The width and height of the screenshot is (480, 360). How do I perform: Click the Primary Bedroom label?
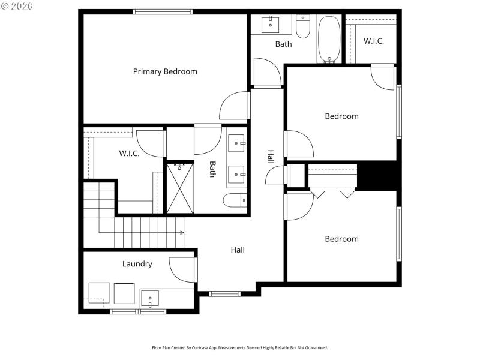click(x=165, y=71)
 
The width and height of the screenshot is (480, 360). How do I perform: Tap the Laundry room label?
click(x=137, y=264)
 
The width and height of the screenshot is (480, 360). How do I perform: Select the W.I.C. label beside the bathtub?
click(x=373, y=41)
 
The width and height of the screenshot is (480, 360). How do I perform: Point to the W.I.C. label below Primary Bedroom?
click(x=129, y=154)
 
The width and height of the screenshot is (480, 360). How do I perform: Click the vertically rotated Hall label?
click(x=271, y=157)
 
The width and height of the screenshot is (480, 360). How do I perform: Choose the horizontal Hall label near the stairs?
click(x=238, y=250)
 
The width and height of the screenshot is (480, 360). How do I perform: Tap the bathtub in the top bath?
click(x=328, y=39)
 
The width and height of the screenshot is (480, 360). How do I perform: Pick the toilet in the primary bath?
click(x=235, y=200)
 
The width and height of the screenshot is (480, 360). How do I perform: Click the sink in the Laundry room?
click(x=150, y=298)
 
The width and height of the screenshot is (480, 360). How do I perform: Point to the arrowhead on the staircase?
click(x=182, y=233)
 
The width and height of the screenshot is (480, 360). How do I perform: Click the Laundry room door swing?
click(x=182, y=269)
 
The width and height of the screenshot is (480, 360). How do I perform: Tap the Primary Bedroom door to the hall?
click(x=235, y=106)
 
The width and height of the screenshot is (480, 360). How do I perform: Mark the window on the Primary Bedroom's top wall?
click(x=163, y=11)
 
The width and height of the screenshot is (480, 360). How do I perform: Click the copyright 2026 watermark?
click(x=17, y=7)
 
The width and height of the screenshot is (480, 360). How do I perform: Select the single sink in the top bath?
click(x=270, y=24)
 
